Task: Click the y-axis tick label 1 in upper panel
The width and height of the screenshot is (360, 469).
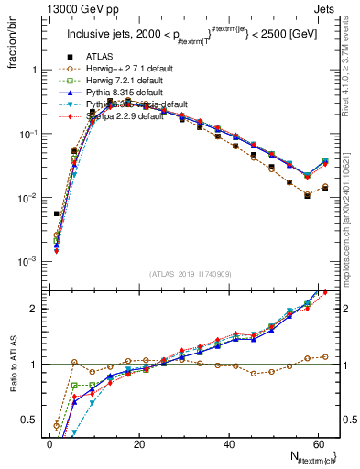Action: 34,70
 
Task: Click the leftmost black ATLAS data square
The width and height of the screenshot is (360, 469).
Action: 57,213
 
